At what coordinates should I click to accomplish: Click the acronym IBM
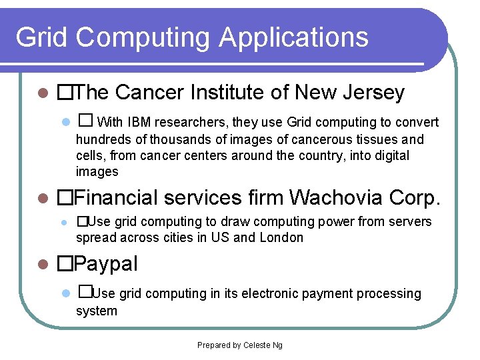[139, 122]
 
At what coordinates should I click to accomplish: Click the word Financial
[117, 198]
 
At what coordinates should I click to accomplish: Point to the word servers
[410, 221]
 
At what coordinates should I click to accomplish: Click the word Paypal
[106, 264]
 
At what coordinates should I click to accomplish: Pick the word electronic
[257, 294]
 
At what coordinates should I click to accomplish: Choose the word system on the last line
[97, 311]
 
